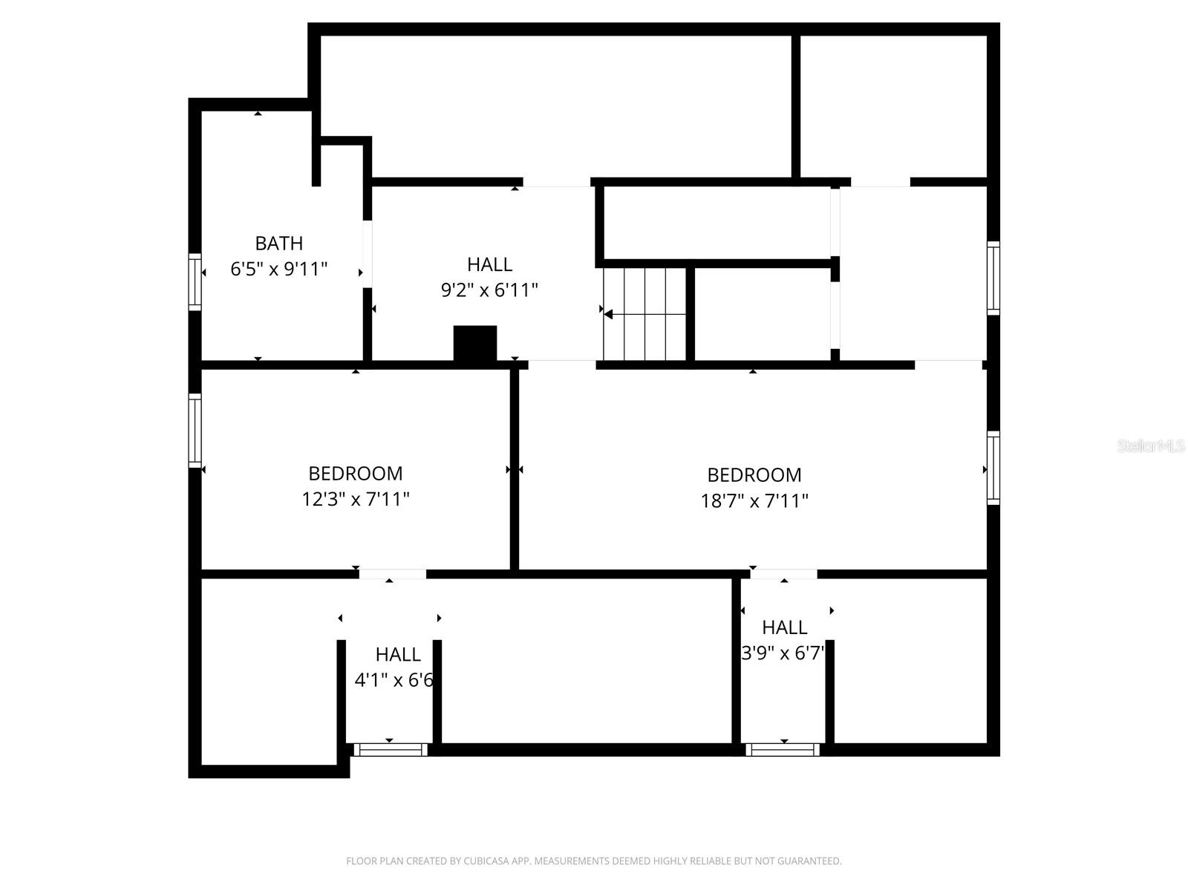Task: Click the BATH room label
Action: point(278,243)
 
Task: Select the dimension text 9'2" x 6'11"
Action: point(489,290)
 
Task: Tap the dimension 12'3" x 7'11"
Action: point(356,499)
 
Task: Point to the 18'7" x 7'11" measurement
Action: point(754,500)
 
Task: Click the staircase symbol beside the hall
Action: point(644,314)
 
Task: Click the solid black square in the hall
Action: point(475,344)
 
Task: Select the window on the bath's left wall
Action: point(195,281)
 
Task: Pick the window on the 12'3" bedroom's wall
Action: point(195,431)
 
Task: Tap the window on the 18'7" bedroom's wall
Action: point(993,468)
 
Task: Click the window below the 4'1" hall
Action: point(391,750)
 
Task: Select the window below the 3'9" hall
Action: point(783,750)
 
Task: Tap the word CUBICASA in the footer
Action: point(490,861)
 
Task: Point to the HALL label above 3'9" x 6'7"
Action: point(784,627)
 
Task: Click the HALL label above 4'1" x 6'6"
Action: point(398,654)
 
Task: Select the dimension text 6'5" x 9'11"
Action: point(278,269)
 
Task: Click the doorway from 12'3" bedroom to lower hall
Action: point(392,574)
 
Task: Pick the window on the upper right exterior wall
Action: point(993,278)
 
